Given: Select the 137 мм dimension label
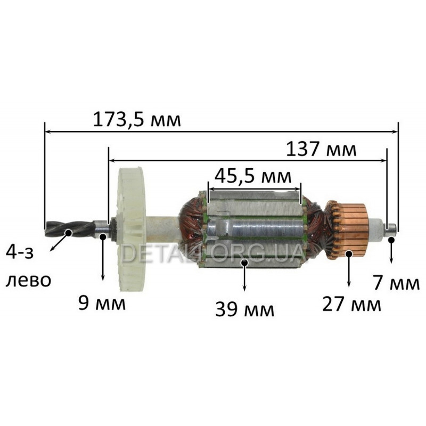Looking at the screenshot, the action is (x=321, y=150).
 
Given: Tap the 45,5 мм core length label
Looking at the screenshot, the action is (x=252, y=177).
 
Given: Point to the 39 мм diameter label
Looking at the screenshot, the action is (x=244, y=309).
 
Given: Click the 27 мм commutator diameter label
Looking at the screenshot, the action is (x=351, y=305).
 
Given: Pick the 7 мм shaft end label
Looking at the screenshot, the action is (x=396, y=283).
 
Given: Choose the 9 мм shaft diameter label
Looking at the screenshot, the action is (x=102, y=303).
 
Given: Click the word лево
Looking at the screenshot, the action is (x=29, y=281).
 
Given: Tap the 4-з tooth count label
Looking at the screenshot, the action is (x=20, y=253).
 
